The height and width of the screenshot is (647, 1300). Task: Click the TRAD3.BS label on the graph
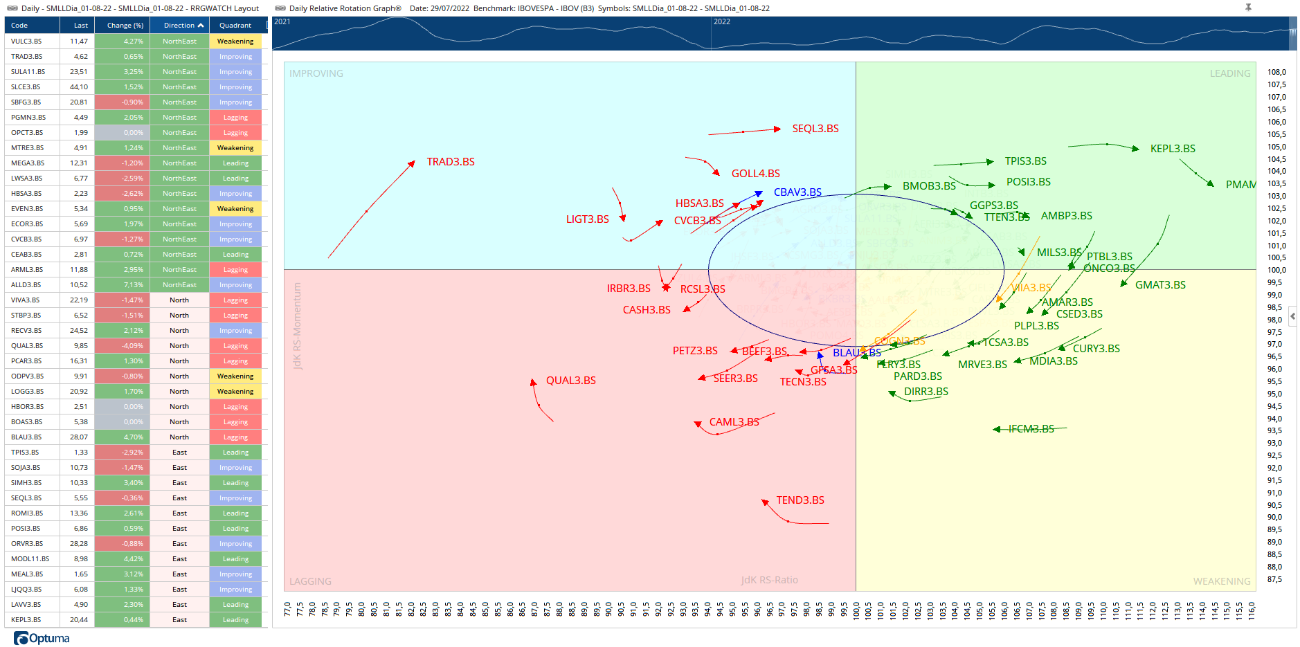(450, 162)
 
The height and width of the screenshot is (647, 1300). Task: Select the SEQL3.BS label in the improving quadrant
(815, 129)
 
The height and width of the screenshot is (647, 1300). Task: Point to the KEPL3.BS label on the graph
(1172, 149)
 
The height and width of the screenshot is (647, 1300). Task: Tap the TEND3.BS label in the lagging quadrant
(800, 500)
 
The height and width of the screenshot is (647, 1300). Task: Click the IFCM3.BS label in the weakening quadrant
(1031, 429)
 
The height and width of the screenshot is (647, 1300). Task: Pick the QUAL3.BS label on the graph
(570, 381)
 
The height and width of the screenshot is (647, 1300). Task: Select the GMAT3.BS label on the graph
(1159, 285)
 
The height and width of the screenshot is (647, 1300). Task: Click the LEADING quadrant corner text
(1229, 73)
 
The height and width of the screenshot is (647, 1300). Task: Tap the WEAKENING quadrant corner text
(1221, 581)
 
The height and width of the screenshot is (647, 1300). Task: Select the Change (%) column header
(125, 26)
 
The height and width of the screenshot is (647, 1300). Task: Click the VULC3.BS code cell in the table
(26, 42)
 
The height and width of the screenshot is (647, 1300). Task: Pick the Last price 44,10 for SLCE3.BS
(79, 87)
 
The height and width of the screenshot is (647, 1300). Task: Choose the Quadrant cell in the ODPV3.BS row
(235, 376)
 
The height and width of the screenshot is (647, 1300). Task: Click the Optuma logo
(42, 638)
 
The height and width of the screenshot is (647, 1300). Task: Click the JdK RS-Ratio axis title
(769, 580)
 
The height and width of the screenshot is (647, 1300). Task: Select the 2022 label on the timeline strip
(722, 21)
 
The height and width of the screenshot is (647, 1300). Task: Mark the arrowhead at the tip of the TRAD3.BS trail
(411, 164)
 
